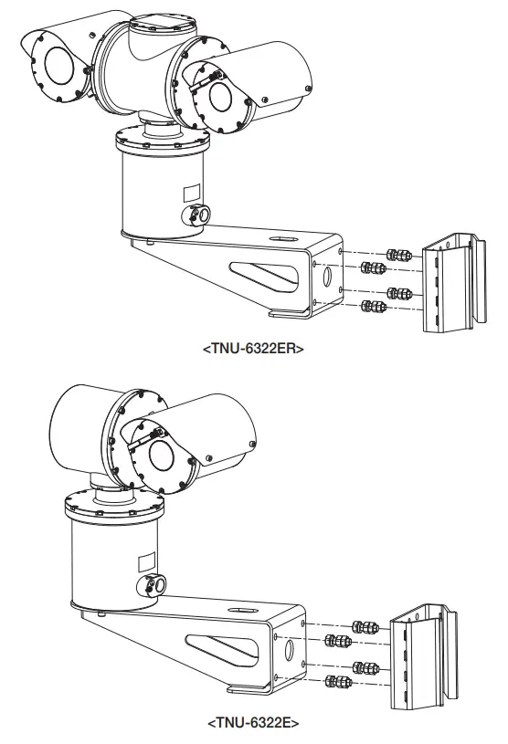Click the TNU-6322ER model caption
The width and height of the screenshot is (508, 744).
(x=253, y=348)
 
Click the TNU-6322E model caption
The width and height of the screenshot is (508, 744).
(x=253, y=723)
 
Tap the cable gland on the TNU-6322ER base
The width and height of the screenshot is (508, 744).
(x=198, y=213)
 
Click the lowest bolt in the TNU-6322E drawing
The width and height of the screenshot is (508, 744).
(x=339, y=682)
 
